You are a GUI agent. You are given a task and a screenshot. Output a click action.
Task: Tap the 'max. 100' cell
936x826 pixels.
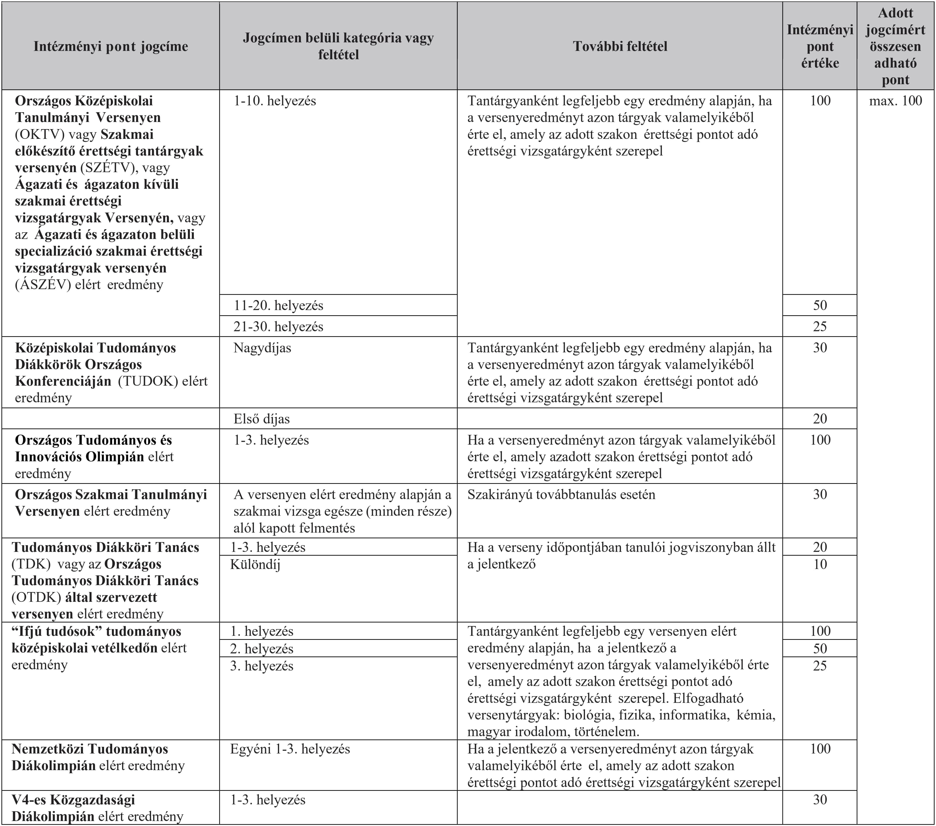(895, 101)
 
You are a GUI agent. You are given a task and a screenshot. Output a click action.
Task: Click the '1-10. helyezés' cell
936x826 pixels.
(275, 101)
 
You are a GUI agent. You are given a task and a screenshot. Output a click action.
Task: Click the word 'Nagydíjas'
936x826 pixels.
(262, 348)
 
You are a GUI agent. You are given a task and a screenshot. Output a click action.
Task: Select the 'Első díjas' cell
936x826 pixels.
(262, 418)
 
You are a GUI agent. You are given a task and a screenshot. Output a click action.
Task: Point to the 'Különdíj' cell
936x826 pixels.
(255, 564)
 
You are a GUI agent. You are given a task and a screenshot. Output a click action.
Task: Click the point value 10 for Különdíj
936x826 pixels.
(820, 564)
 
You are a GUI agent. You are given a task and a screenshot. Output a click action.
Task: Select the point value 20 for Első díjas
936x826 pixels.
(820, 418)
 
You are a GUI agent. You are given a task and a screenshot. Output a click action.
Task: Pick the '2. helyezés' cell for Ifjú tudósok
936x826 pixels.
(262, 649)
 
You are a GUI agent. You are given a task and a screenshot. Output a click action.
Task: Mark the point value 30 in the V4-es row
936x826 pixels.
(820, 800)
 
